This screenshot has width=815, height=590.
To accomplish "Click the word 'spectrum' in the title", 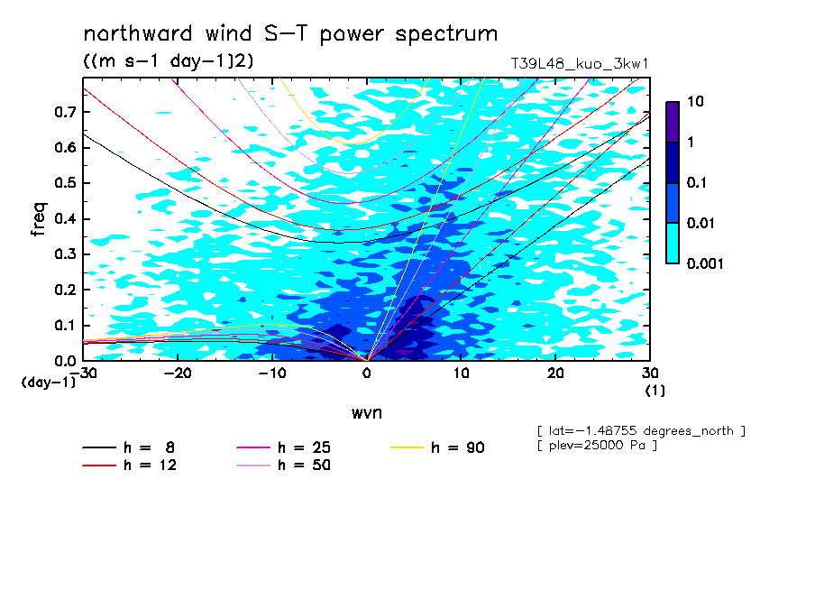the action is pos(446,34).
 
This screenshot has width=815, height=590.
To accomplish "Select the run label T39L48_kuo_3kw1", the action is pos(580,64).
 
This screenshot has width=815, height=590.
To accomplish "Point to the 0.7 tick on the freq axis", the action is pos(65,112).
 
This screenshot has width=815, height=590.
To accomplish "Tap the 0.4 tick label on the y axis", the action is pos(65,218).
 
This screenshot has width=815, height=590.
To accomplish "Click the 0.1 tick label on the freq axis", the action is pos(65,325).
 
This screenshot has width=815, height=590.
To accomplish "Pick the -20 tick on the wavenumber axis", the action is pos(178,373).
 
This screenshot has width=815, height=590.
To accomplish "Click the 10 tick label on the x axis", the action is pos(461,373).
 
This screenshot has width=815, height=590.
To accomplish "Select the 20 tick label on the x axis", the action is pos(555,373).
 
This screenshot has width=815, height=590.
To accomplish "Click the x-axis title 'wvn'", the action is pos(367,413).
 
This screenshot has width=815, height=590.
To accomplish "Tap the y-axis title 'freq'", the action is pos(39,219).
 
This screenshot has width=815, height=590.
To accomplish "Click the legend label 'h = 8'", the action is pos(149,447).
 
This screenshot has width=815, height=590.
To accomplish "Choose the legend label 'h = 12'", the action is pos(150,465).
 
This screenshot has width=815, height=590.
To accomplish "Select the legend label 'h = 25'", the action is pos(304,447).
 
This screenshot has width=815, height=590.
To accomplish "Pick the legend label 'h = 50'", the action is pos(304,465).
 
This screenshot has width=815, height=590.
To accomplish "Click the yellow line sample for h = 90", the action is pos(407,447).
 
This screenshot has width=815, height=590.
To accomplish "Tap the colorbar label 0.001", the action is pos(705,263).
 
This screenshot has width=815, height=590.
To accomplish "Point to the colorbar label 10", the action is pos(695,101).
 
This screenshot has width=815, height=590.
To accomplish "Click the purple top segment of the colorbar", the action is pos(673,122).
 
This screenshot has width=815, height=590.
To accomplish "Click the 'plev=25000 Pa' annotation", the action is pos(597,446).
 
